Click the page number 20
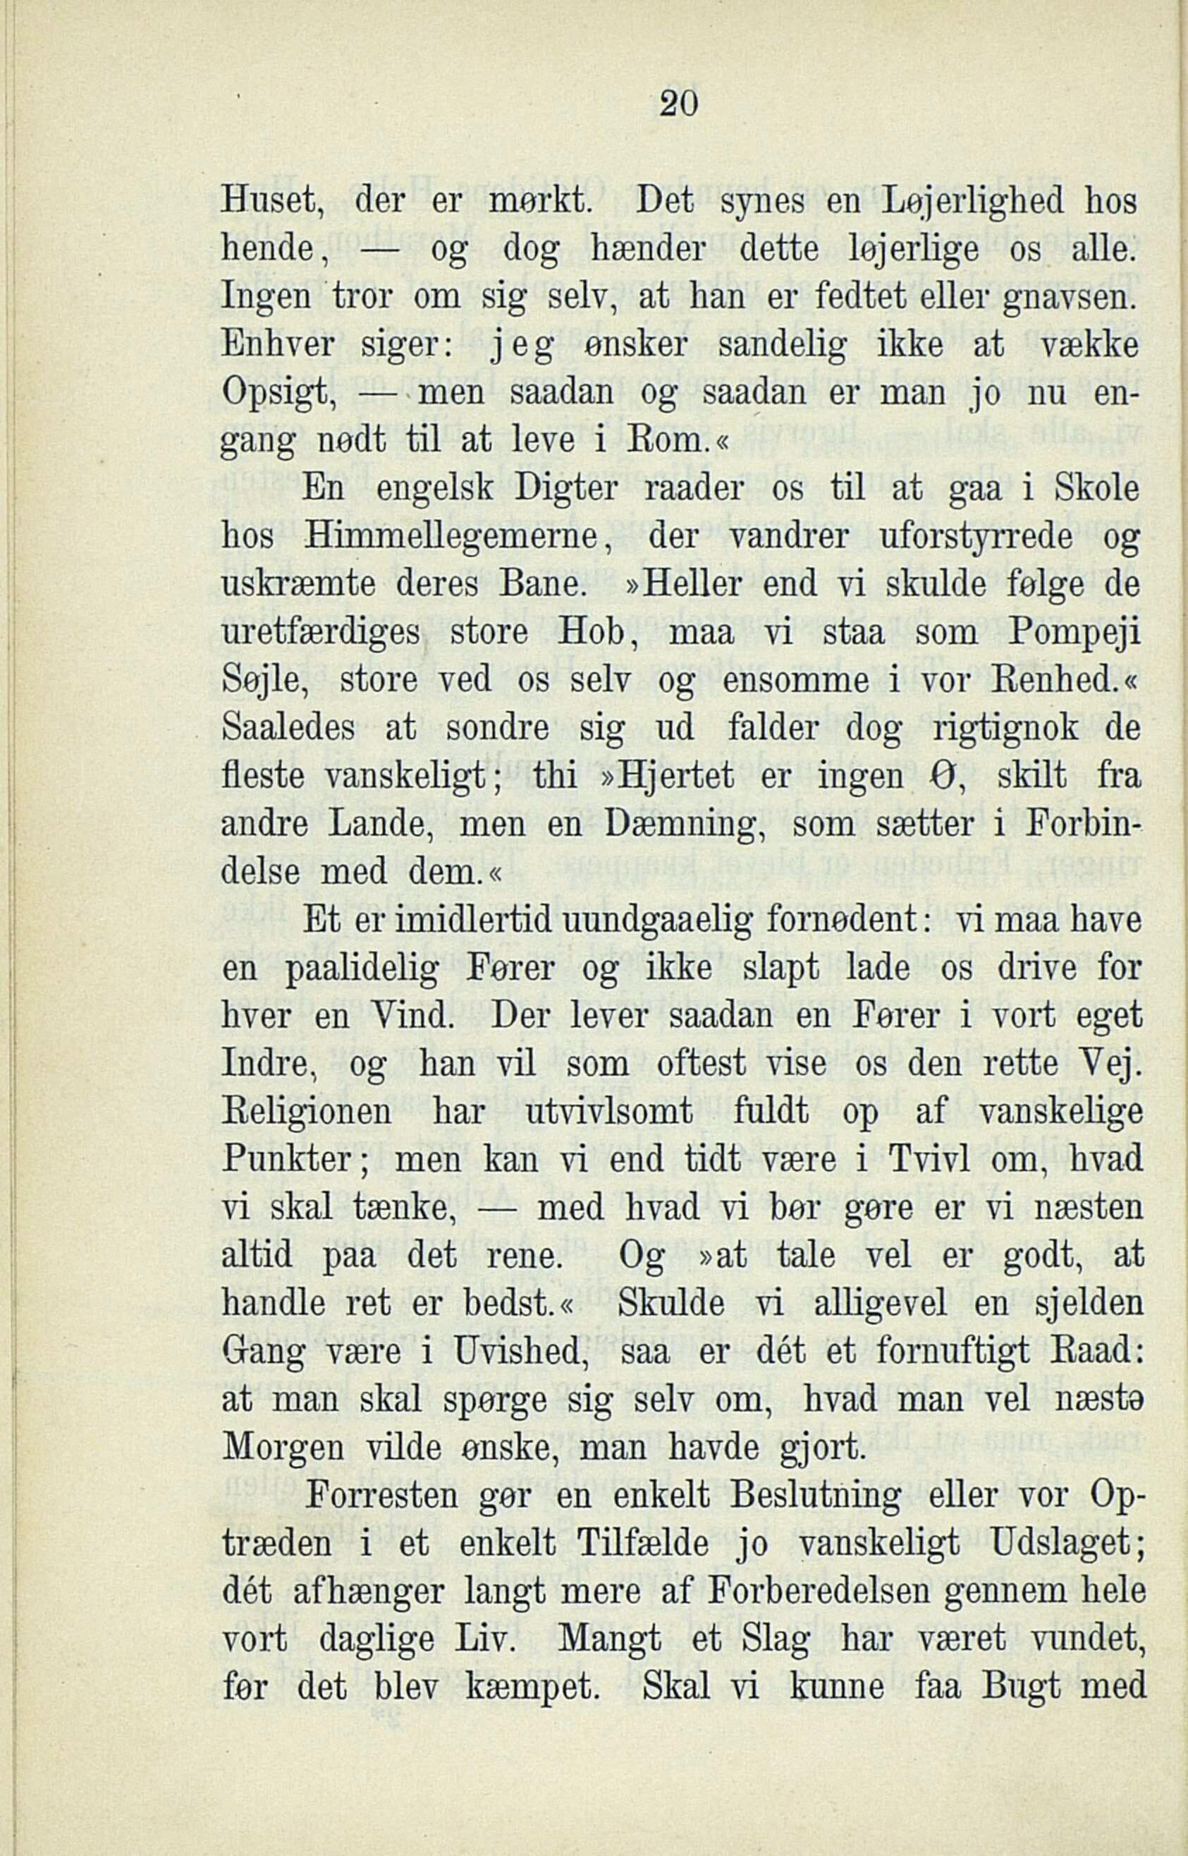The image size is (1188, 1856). coord(679,102)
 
